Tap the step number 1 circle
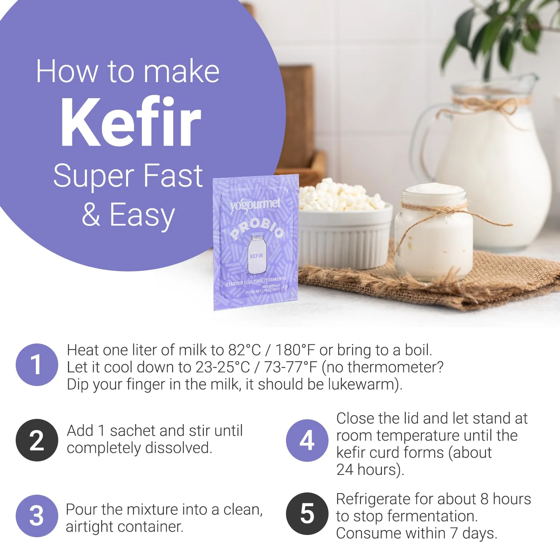(37, 365)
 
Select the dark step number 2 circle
(37, 440)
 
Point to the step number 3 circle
(37, 516)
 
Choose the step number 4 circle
(307, 441)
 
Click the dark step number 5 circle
(307, 514)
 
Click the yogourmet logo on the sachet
(255, 205)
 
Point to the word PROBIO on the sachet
(257, 228)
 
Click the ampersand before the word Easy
(91, 215)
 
